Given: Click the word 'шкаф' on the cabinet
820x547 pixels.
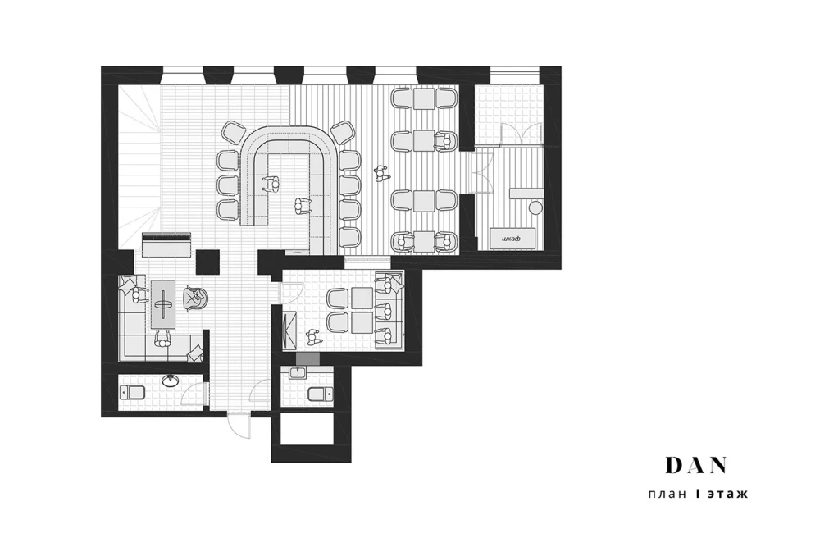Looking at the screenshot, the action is pyautogui.click(x=512, y=239).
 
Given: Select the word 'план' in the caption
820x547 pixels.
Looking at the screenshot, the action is pyautogui.click(x=667, y=494).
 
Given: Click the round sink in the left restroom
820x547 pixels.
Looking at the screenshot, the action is pyautogui.click(x=170, y=381).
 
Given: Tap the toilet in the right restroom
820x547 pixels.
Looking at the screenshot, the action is pyautogui.click(x=320, y=394).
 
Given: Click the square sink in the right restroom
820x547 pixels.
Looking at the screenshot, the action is pyautogui.click(x=297, y=372).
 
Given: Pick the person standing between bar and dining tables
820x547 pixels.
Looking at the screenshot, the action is pyautogui.click(x=382, y=173).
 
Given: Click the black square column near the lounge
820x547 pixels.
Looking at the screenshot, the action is pyautogui.click(x=207, y=262).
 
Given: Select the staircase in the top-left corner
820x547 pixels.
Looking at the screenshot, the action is pyautogui.click(x=139, y=166).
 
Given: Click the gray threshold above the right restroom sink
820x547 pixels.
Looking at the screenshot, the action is pyautogui.click(x=307, y=358).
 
